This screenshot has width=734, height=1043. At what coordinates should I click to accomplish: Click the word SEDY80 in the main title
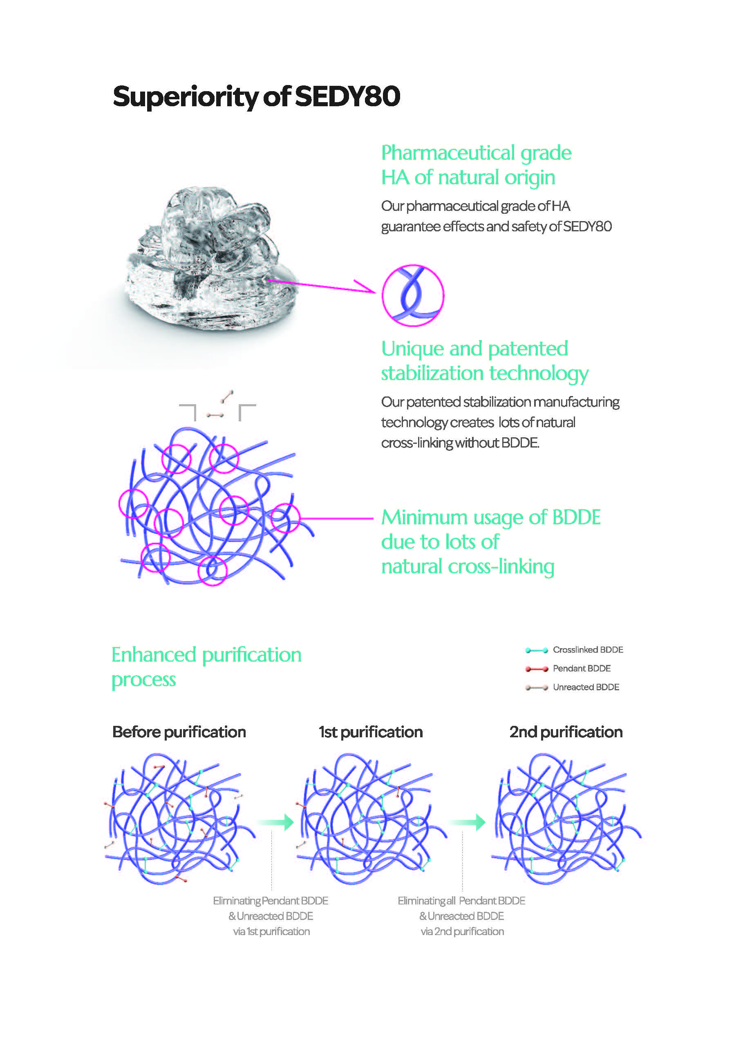[348, 96]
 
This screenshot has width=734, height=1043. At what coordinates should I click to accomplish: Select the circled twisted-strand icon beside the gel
[413, 295]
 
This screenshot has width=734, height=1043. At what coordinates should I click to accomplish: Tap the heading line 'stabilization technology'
[485, 374]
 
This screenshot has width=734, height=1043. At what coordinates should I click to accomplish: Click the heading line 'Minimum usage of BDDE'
[491, 517]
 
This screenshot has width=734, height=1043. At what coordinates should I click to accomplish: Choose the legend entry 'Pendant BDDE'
[568, 668]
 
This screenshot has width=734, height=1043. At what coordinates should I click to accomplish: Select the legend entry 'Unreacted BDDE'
[572, 687]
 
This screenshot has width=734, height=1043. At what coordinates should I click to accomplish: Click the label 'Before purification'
[179, 732]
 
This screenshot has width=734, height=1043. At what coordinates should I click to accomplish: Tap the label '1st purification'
[371, 732]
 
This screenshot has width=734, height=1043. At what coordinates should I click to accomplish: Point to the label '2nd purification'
[566, 732]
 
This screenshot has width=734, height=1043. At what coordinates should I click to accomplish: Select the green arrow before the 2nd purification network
[468, 822]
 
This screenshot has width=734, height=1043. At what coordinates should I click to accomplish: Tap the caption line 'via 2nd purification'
[462, 932]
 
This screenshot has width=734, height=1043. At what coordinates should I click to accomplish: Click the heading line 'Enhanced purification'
[207, 656]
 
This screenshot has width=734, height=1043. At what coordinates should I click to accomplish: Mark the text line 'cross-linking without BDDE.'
[460, 443]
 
